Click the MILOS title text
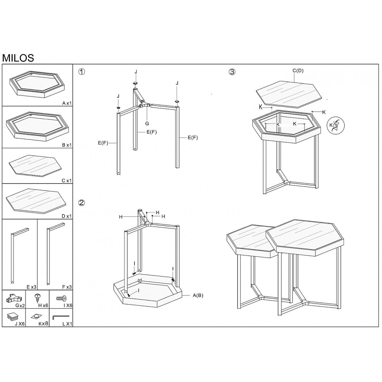[18, 58]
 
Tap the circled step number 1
[82, 72]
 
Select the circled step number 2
[82, 202]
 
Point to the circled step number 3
[232, 72]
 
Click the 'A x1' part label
[67, 103]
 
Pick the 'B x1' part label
[67, 145]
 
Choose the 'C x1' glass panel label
[67, 181]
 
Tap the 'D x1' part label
[67, 216]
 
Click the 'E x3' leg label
[31, 287]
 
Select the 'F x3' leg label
[67, 287]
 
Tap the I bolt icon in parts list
[62, 298]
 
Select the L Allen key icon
[61, 317]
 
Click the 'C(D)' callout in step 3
[298, 71]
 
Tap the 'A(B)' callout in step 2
[198, 296]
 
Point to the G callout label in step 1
[147, 123]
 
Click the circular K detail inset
[335, 125]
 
